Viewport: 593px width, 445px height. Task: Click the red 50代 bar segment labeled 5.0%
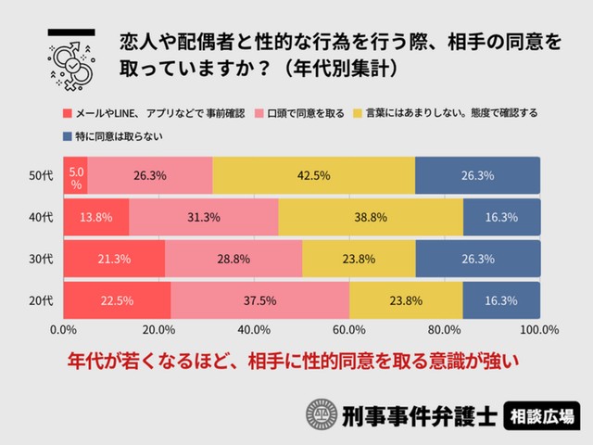tap(75, 176)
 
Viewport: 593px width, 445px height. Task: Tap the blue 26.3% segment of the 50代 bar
tap(477, 176)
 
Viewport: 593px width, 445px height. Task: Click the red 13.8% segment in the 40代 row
tap(96, 217)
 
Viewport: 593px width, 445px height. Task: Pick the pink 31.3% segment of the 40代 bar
tap(204, 217)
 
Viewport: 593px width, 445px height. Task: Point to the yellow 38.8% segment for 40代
tap(371, 217)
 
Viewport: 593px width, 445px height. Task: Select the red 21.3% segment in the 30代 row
tap(114, 259)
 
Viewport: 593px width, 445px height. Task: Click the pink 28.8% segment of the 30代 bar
tap(233, 259)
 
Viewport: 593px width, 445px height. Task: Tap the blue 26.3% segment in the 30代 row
tap(477, 259)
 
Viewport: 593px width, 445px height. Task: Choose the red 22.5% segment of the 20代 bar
tap(117, 300)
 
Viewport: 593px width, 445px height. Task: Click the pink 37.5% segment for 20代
tap(260, 300)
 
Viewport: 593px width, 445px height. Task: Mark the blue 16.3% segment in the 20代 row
tap(501, 300)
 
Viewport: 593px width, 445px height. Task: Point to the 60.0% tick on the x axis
tap(348, 330)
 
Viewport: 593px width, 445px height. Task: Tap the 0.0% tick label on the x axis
tap(63, 330)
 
